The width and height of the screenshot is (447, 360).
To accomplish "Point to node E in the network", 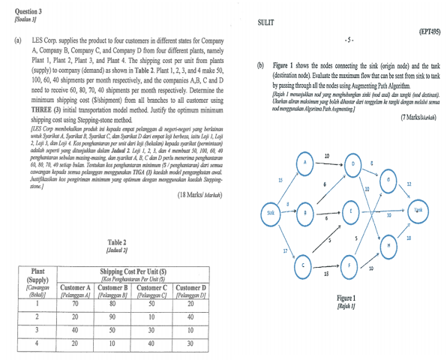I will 352,213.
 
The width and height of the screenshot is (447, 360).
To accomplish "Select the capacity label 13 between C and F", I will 326,274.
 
